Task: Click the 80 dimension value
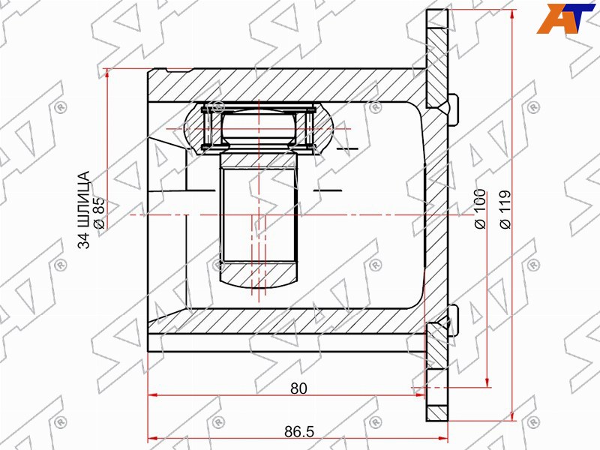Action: pos(298,388)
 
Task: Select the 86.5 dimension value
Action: pos(298,432)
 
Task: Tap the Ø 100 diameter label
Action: pos(480,208)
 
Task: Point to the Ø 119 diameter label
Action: pos(505,209)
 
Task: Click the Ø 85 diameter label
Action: pos(98,213)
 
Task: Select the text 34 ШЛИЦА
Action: pos(84,210)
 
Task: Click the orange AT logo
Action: pos(565,18)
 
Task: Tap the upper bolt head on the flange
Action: pos(453,109)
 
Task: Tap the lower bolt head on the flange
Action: pos(453,321)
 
